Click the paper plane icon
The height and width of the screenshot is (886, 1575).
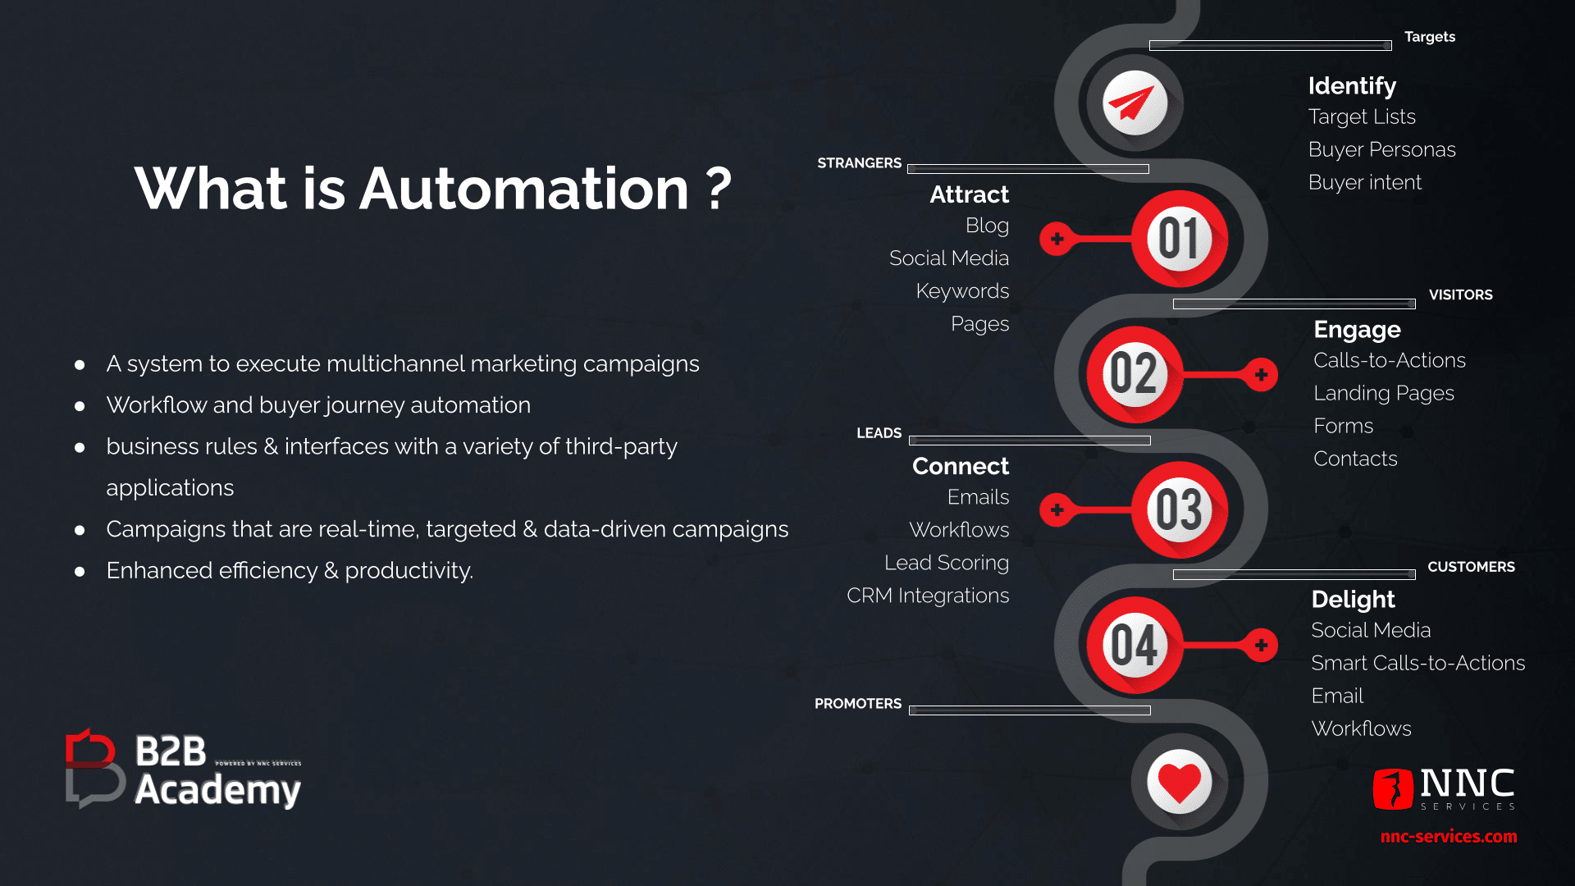click(1134, 103)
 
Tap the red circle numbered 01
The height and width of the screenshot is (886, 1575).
click(1180, 239)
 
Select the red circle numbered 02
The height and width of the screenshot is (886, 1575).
click(1135, 374)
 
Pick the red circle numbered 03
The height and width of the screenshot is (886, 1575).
click(1180, 509)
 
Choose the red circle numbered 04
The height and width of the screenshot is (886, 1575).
click(1135, 645)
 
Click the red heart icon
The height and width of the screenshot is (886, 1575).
click(1180, 782)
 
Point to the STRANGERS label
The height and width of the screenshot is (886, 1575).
click(859, 163)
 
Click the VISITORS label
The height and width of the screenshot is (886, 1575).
click(1461, 295)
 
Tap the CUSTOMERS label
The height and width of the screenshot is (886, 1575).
click(1471, 567)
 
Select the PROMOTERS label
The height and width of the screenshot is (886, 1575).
click(858, 704)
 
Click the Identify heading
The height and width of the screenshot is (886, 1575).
click(1352, 86)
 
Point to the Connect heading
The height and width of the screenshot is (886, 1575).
click(961, 466)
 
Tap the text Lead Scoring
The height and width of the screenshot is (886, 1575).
click(947, 563)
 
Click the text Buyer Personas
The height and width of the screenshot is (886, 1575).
click(1382, 149)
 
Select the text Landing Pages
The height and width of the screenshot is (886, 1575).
click(1384, 394)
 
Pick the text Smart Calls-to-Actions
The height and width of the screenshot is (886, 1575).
click(1418, 663)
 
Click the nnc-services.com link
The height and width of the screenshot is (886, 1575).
click(1449, 837)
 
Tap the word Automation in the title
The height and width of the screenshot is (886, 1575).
click(524, 189)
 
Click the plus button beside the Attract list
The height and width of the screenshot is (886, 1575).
click(1057, 239)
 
